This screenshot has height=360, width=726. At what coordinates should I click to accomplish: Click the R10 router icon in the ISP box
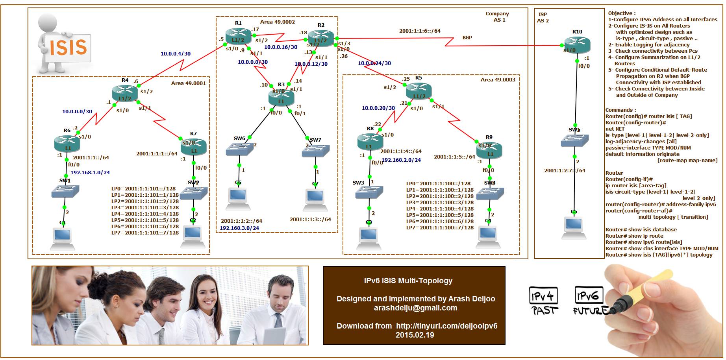coord(577,44)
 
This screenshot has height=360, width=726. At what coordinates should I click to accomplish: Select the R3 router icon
coord(281,97)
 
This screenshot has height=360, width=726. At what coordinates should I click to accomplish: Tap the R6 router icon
coord(67,143)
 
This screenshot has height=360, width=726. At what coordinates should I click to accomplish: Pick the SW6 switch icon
coord(240,149)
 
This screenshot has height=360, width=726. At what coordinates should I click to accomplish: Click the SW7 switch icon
coord(315,151)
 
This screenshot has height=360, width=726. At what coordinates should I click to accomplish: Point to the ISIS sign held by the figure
coord(68,48)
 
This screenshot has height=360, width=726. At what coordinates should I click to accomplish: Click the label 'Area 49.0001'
coord(188,83)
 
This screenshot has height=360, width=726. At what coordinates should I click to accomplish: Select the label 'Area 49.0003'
coord(498,79)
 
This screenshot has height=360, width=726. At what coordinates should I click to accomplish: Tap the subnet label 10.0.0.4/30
coord(175,54)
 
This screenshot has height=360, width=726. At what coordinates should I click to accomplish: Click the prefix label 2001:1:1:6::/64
coord(420,31)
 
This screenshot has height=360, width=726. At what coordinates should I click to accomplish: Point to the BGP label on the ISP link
coord(467,37)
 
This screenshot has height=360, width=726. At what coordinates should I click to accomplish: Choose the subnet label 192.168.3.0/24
coord(239,228)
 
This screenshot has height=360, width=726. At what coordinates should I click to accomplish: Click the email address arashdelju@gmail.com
coord(415,308)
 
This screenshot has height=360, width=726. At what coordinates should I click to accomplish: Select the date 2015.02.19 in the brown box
coord(415,335)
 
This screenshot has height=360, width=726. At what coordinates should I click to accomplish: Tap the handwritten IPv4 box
coord(543,295)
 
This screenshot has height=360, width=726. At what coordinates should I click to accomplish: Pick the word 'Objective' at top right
coord(620,13)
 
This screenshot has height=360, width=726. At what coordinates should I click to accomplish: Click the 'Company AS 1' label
coord(498,17)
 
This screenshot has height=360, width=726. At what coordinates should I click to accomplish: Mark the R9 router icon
coord(489,150)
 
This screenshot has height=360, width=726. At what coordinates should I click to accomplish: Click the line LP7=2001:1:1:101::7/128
coord(145,233)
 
